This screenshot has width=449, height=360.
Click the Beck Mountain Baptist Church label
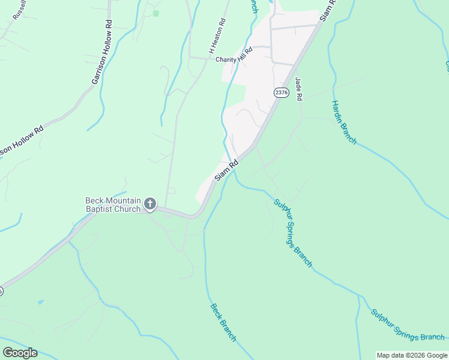click(113, 204)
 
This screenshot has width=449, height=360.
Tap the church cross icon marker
click(150, 205)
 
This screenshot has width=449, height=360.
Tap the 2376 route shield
click(281, 92)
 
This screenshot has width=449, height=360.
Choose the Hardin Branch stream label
click(344, 122)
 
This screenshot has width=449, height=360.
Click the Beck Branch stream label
click(223, 322)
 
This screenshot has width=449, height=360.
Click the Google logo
click(20, 352)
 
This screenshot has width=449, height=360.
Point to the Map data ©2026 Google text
click(412, 355)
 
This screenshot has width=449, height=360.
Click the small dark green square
click(156, 13)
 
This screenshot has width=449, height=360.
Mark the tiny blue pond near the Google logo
click(40, 302)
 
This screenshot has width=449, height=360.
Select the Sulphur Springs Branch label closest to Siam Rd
click(293, 233)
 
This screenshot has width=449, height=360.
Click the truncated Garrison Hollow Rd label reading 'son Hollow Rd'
click(22, 142)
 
